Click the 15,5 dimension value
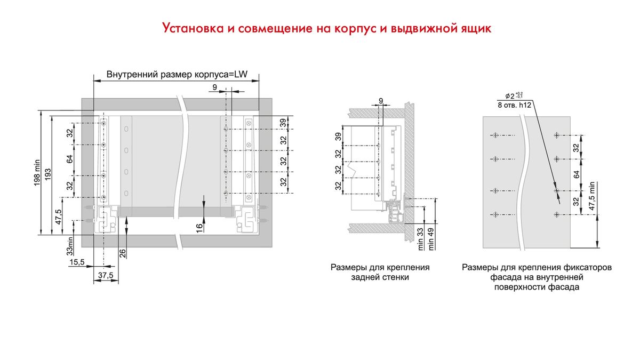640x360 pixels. pyautogui.click(x=78, y=262)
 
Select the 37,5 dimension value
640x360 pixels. pyautogui.click(x=106, y=275)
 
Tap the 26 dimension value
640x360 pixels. pyautogui.click(x=124, y=253)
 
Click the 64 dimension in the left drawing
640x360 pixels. pyautogui.click(x=70, y=159)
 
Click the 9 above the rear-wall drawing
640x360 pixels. pyautogui.click(x=381, y=100)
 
